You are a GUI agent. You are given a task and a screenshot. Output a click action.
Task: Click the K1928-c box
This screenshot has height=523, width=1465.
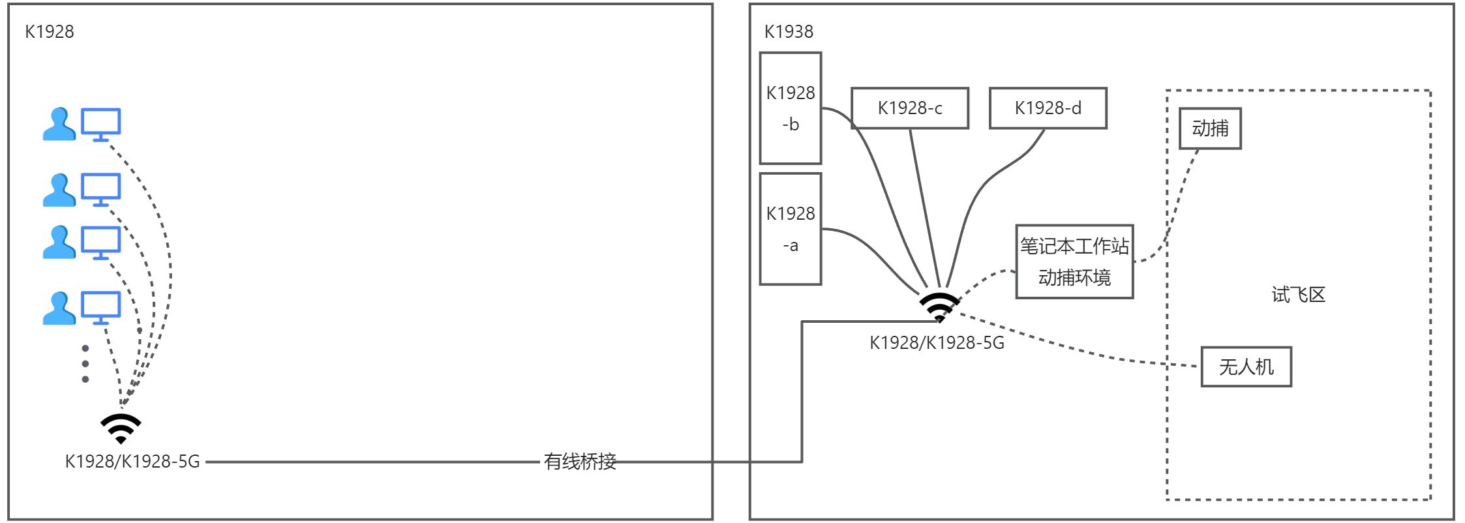tap(910, 108)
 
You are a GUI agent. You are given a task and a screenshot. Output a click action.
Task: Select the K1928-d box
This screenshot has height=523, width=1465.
tap(1048, 108)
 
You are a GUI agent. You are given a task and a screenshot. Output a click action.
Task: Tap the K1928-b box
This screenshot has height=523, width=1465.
tap(791, 108)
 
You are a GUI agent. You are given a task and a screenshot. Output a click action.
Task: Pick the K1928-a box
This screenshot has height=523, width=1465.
tap(791, 229)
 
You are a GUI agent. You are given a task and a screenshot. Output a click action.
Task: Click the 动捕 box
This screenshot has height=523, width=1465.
tap(1210, 128)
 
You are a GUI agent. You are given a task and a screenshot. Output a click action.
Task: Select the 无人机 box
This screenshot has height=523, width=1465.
tap(1246, 366)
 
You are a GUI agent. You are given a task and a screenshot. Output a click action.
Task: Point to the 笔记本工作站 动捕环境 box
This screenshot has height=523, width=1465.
tap(1075, 261)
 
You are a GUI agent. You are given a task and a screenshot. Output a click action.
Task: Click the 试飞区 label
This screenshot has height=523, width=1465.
tap(1299, 295)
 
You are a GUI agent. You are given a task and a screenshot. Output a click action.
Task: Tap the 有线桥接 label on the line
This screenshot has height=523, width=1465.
tap(580, 462)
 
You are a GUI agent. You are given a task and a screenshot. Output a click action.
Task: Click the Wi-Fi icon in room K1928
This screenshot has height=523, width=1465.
tap(121, 428)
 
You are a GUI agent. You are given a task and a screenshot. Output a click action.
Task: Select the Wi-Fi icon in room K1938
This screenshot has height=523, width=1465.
tap(939, 307)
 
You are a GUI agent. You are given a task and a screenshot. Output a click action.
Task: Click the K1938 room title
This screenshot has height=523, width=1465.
tap(789, 31)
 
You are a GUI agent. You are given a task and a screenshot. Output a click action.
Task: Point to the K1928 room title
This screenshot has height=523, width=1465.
tap(50, 31)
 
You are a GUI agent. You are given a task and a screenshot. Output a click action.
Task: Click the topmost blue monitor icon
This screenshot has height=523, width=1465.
tap(100, 125)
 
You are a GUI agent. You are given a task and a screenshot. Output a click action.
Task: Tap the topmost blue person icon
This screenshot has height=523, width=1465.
tap(59, 125)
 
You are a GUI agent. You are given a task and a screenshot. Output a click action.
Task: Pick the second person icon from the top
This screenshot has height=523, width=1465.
tap(59, 190)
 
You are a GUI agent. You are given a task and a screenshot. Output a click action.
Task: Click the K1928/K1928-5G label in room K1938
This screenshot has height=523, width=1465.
tap(937, 343)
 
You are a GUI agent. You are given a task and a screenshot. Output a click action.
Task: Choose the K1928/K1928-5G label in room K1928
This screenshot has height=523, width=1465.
tap(132, 462)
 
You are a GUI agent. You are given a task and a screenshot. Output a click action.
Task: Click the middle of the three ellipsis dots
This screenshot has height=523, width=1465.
tap(85, 364)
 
